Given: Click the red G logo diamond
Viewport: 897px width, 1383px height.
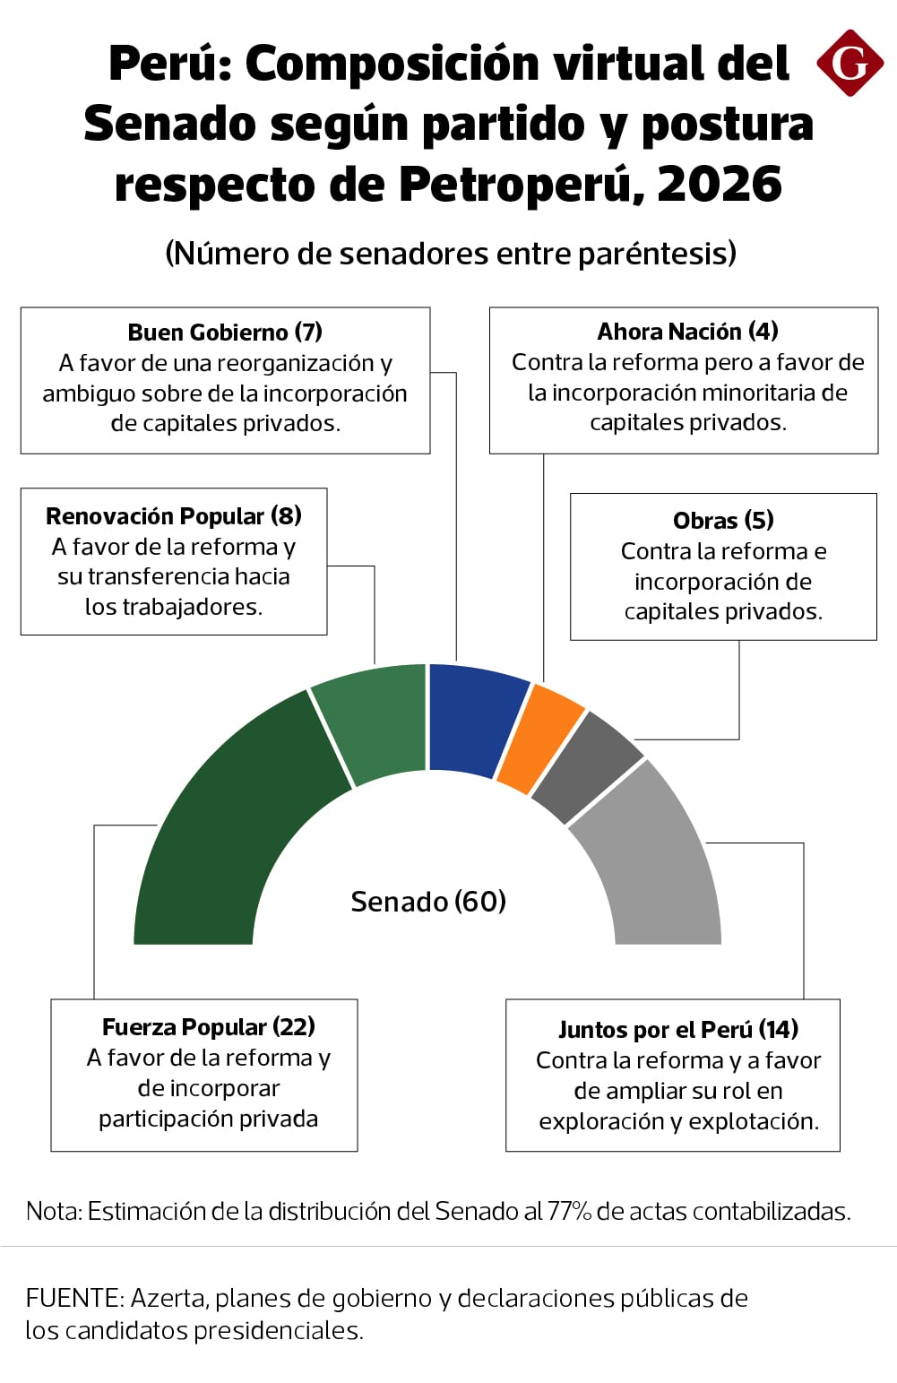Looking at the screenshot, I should click(x=850, y=63).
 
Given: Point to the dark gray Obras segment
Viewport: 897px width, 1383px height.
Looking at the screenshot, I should click(x=584, y=766).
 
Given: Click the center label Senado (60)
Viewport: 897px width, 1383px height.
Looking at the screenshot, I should click(x=428, y=902).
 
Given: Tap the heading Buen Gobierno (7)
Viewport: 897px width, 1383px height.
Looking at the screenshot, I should click(x=225, y=333).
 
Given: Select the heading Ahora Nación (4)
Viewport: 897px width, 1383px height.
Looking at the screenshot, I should click(x=687, y=332).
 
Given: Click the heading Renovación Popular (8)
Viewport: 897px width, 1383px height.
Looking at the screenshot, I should click(x=174, y=516).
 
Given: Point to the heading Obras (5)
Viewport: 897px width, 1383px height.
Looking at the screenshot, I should click(x=723, y=521).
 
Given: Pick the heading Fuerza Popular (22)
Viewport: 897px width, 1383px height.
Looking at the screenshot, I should click(x=208, y=1027).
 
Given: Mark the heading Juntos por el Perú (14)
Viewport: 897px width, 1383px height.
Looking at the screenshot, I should click(x=677, y=1030).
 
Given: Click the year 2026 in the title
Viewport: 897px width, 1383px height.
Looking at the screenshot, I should click(x=720, y=184).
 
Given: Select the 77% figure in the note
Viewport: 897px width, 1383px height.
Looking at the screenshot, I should click(x=569, y=1212).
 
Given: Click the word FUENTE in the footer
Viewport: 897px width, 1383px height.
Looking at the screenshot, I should click(x=75, y=1298).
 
